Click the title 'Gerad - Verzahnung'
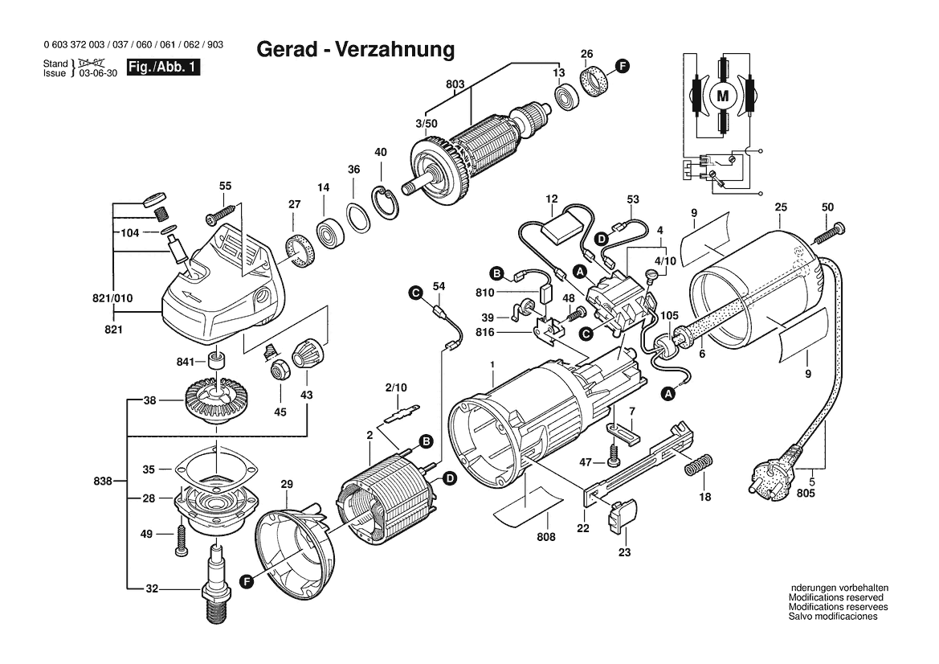coord(355,50)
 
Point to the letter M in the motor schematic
coord(722,96)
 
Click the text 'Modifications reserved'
coord(835,597)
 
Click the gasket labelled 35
coord(214,467)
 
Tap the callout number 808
coord(545,536)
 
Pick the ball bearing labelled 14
coord(329,232)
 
